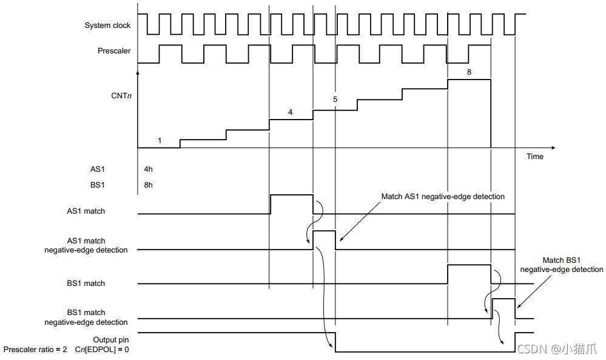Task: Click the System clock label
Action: pos(107,25)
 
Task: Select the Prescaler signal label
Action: pos(114,51)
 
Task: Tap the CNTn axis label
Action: pos(121,95)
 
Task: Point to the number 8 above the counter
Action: pos(468,72)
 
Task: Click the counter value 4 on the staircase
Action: pos(290,112)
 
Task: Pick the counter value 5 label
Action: pos(335,99)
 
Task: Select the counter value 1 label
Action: pos(160,141)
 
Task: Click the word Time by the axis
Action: pos(535,157)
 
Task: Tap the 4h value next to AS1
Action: pos(149,171)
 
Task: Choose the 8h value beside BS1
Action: pos(149,185)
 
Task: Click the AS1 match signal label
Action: pos(86,211)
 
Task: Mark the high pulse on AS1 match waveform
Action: pos(291,195)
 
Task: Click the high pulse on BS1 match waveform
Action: pos(468,265)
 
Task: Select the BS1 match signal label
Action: pos(86,284)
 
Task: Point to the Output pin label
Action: pos(110,340)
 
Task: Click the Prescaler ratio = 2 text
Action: pos(35,350)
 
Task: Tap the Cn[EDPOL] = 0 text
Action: pos(102,350)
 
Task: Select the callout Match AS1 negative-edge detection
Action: pos(443,197)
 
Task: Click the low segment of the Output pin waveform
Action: pos(425,352)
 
